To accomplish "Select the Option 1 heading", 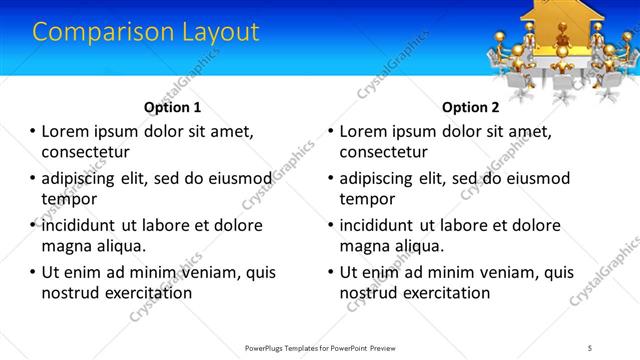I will (x=172, y=107).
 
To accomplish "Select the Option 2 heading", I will (x=470, y=107).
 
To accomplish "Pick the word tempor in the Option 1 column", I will (x=69, y=198).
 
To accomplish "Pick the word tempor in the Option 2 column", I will (x=367, y=198).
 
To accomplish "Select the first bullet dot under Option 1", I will (x=31, y=132).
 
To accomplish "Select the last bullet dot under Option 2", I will (x=329, y=272).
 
